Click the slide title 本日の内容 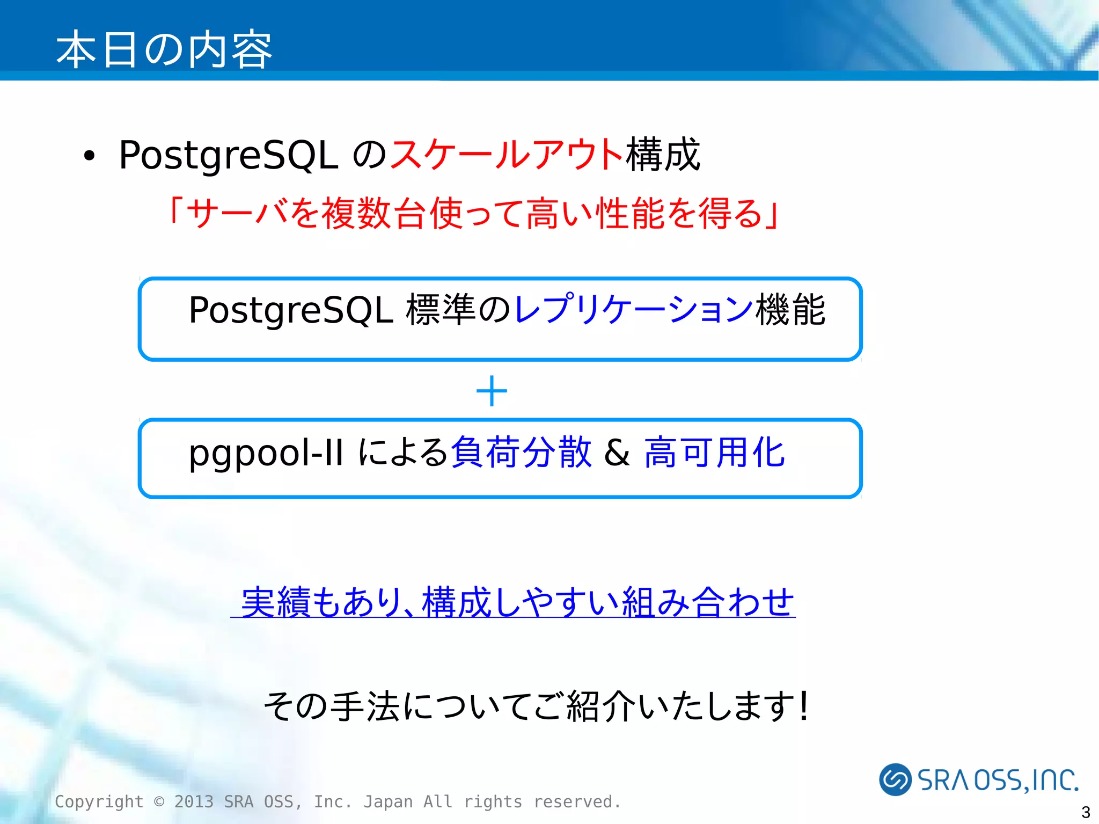pos(164,49)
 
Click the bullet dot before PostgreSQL pos(89,156)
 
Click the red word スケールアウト pos(507,155)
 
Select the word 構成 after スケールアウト pos(663,155)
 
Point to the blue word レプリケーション pos(633,310)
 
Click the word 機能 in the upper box pos(790,310)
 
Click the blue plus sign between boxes pos(492,391)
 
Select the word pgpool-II pos(266,453)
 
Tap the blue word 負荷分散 pos(521,452)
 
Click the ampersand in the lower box pos(617,453)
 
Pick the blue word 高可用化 pos(714,452)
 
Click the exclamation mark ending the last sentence pos(803,705)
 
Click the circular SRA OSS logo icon pos(895,779)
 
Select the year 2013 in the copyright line pos(194,801)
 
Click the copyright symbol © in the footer pos(159,801)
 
